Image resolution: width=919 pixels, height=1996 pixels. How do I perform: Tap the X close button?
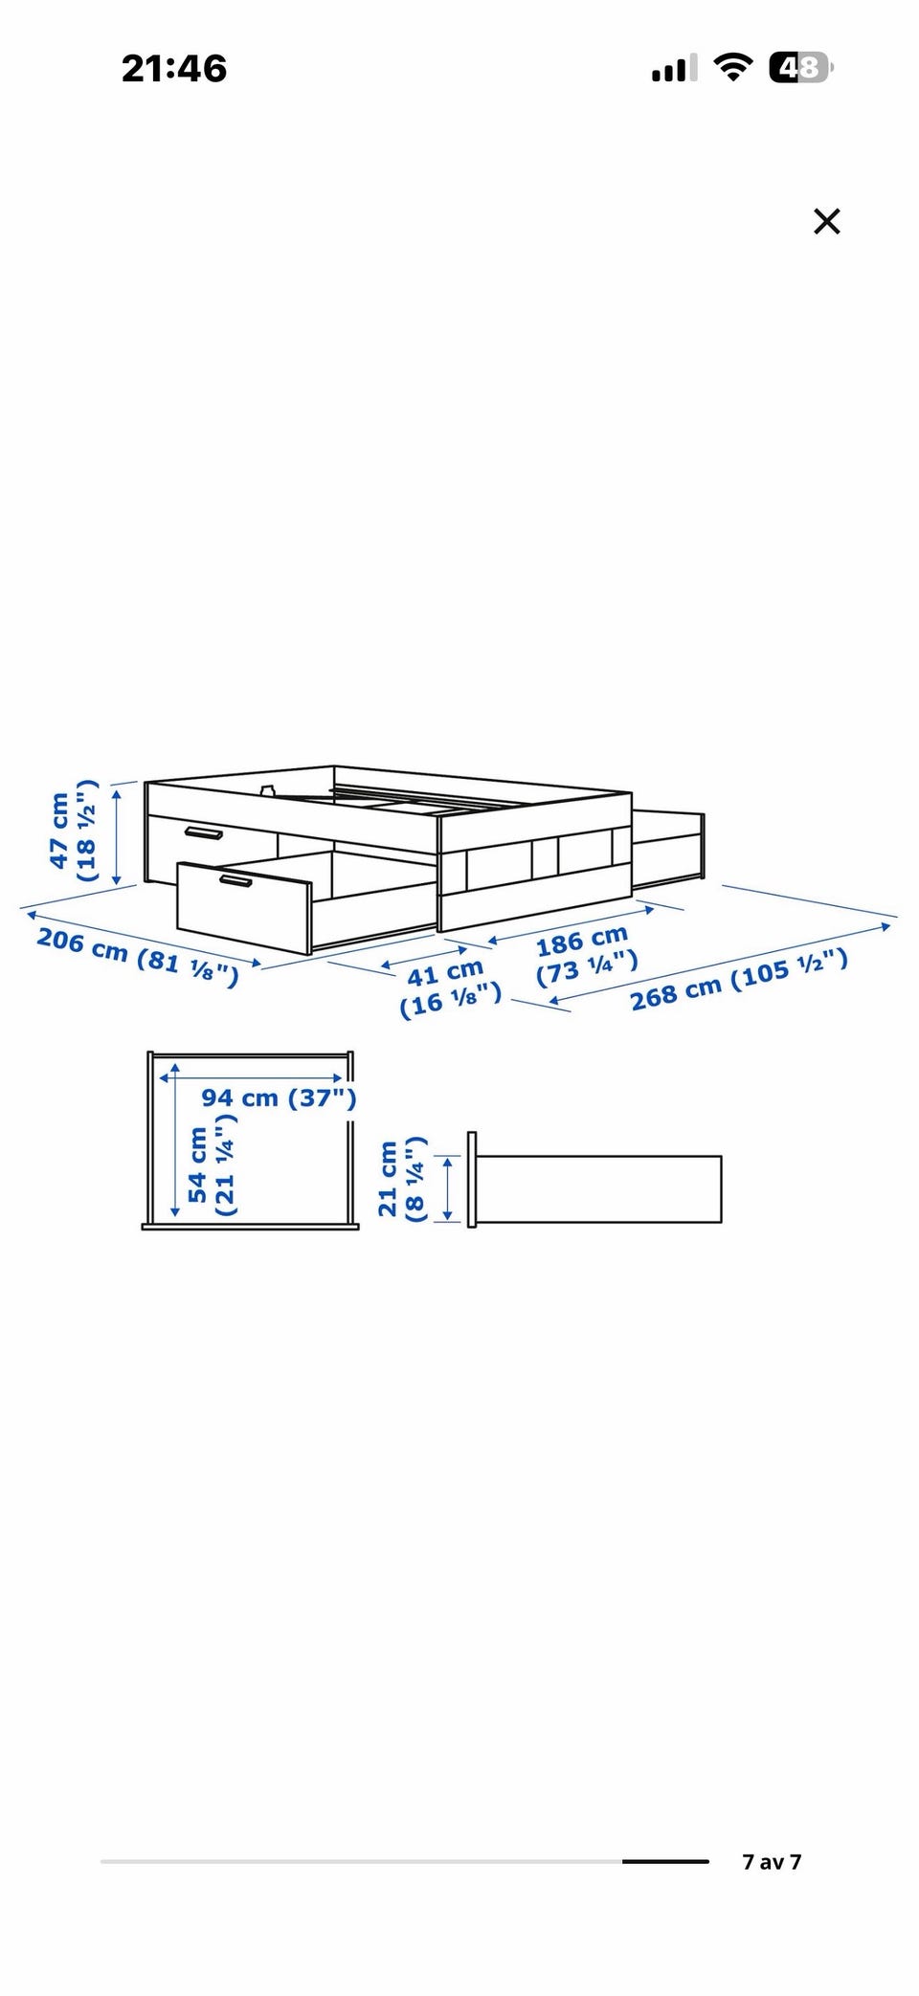tap(826, 221)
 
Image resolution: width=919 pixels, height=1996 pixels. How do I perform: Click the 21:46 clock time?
tap(174, 68)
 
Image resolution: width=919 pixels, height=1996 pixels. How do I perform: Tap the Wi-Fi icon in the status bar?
tap(733, 67)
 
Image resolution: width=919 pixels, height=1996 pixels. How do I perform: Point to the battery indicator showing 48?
tap(801, 67)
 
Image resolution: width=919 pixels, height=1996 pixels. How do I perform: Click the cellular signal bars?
tap(674, 68)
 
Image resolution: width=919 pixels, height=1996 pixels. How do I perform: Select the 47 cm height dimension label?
tap(59, 831)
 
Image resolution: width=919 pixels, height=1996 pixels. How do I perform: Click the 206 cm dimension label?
tap(82, 945)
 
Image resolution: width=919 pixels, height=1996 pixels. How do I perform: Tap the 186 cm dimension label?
tap(582, 941)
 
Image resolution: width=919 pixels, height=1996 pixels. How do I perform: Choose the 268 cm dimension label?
tap(676, 993)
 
